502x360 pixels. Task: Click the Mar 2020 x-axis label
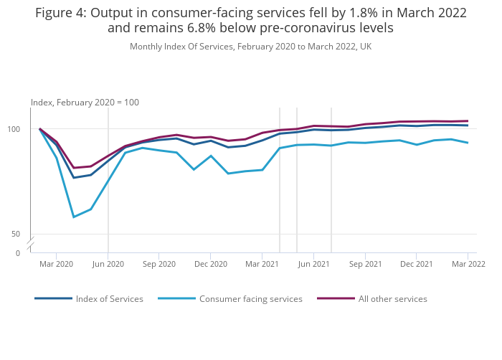[x=56, y=264]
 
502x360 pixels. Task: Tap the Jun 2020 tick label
[x=108, y=264]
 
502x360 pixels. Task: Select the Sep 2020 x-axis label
[x=159, y=264]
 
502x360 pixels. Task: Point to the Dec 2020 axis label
[x=211, y=264]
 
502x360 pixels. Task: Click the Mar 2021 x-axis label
[x=262, y=264]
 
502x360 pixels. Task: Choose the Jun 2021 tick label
[x=314, y=264]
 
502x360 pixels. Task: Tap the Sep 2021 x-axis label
[x=366, y=264]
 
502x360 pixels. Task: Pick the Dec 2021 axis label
[x=417, y=264]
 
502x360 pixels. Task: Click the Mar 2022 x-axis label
[x=468, y=264]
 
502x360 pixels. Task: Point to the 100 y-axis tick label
[x=22, y=129]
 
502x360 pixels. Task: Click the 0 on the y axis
[x=18, y=253]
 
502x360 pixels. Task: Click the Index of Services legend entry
[x=109, y=299]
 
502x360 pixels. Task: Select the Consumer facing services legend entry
[x=250, y=299]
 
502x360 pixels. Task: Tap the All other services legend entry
[x=392, y=299]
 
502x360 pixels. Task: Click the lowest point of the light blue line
[x=74, y=217]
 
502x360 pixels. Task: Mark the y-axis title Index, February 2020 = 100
[x=85, y=103]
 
